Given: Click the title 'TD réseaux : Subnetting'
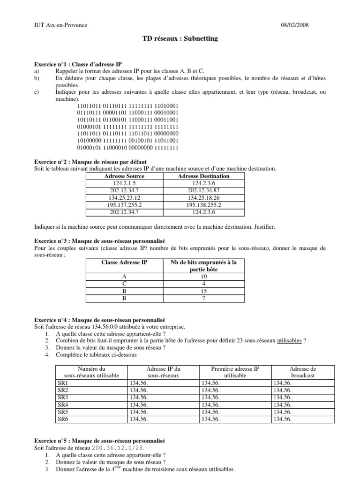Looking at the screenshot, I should point(180,39).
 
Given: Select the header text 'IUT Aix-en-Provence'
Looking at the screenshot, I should point(60,25).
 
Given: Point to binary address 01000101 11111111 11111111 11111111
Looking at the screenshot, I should point(128,127).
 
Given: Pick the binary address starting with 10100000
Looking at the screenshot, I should point(128,141).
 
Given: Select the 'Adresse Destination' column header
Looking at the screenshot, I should point(204,176).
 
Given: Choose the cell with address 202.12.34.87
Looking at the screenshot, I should point(204,190).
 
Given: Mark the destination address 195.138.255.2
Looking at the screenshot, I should point(204,205).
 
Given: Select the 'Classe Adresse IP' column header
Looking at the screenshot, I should point(124,262).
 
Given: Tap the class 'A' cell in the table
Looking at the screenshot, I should point(124,277).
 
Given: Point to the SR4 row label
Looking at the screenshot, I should point(63,405).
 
